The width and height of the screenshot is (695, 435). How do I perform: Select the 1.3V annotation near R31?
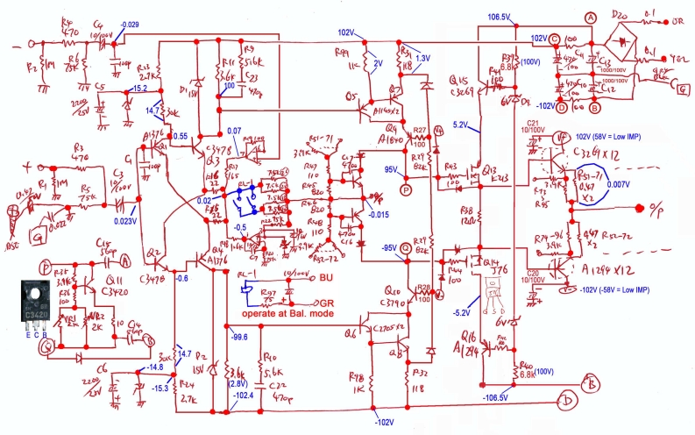(422, 57)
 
